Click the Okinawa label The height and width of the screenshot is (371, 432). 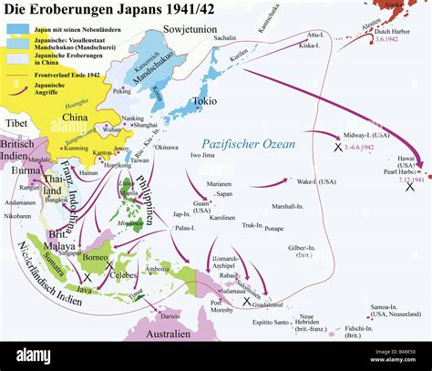[164, 147]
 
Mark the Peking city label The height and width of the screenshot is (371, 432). [121, 92]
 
